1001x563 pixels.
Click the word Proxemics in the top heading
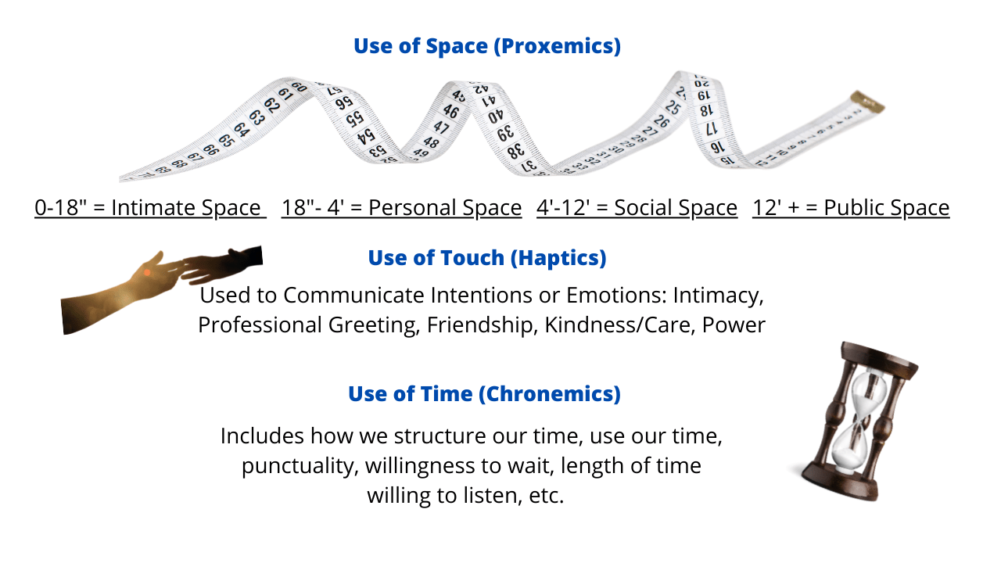tap(558, 46)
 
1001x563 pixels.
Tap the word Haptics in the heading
tap(558, 258)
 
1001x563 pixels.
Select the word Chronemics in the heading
tap(550, 394)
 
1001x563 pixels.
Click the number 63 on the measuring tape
tap(257, 117)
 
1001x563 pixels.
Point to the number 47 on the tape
tap(441, 127)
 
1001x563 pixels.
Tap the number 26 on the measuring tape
tap(662, 121)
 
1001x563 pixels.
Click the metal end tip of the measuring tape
tap(867, 102)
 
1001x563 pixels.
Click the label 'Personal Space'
tap(445, 208)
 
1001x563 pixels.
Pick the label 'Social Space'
tap(676, 208)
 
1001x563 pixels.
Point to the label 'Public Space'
tap(887, 208)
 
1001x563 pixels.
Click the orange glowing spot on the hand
tap(147, 272)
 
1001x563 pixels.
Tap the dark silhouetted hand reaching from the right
tap(222, 264)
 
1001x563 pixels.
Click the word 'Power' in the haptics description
tap(734, 325)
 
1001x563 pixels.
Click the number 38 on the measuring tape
tap(515, 151)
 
